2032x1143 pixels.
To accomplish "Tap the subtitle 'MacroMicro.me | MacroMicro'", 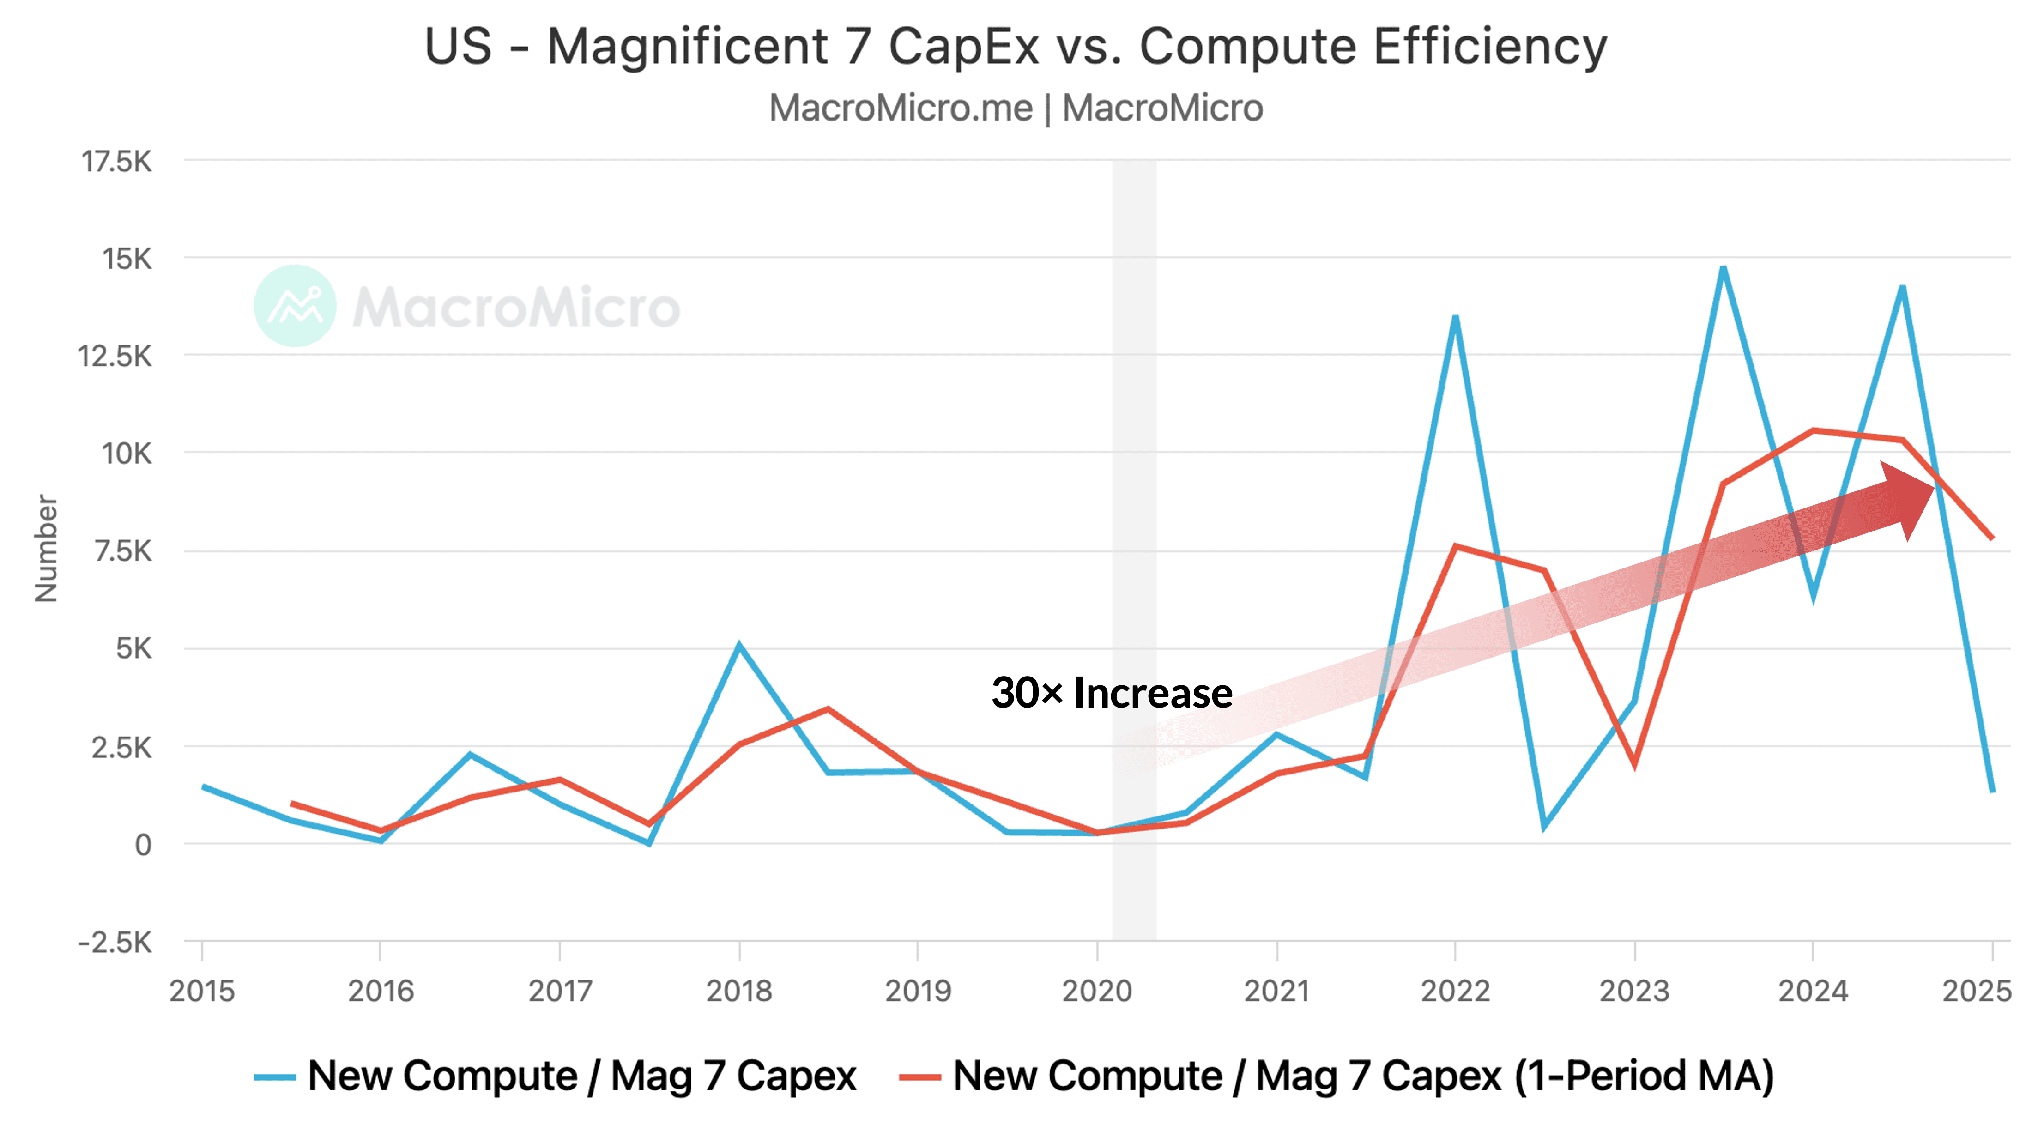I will click(1015, 108).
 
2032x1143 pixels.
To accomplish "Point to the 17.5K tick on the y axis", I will click(117, 162).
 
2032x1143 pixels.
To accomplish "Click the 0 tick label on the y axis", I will click(143, 845).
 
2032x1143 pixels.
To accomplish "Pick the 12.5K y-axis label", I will click(115, 357).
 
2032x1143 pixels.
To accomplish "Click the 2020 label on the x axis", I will click(1096, 991).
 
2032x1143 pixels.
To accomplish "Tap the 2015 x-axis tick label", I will click(202, 991).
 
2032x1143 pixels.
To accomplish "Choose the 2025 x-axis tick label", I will click(1977, 991).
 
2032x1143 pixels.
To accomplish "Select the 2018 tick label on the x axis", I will click(738, 991).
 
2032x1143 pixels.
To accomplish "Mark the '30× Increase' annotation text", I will click(1112, 693).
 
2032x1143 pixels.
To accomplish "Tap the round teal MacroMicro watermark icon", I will click(295, 306).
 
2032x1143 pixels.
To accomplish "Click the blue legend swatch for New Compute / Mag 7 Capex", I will click(274, 1077).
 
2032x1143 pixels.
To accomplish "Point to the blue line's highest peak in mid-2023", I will click(1724, 268).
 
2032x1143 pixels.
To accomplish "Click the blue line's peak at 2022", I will click(1455, 317).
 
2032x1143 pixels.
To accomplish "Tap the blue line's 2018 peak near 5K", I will click(739, 645).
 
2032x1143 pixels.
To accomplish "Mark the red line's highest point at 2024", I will click(1814, 431).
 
